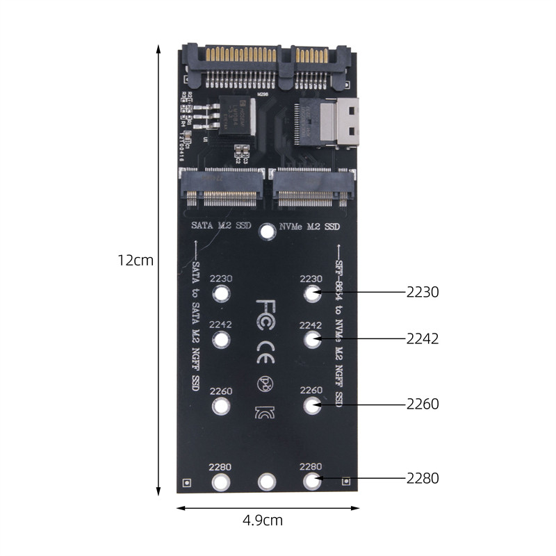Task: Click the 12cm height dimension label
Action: pyautogui.click(x=136, y=261)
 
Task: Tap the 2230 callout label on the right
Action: pyautogui.click(x=423, y=293)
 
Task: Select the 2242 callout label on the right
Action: pyautogui.click(x=423, y=338)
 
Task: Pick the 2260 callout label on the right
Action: pyautogui.click(x=423, y=404)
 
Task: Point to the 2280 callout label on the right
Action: pyautogui.click(x=423, y=478)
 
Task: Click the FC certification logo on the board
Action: pyautogui.click(x=267, y=309)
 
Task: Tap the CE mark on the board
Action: pyautogui.click(x=267, y=346)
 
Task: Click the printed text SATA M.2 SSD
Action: pyautogui.click(x=221, y=227)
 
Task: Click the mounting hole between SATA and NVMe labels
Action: pyautogui.click(x=267, y=231)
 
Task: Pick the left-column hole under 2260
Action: pyautogui.click(x=221, y=407)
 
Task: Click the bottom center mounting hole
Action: pyautogui.click(x=267, y=481)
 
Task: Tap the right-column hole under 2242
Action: pyautogui.click(x=312, y=340)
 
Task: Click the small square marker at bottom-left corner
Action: pyautogui.click(x=186, y=482)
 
